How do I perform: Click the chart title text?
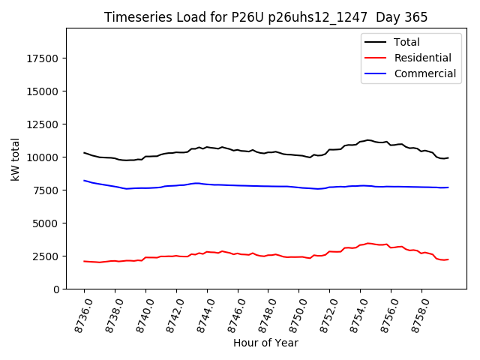click(x=265, y=17)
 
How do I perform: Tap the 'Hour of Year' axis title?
click(x=265, y=343)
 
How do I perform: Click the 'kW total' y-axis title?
click(x=15, y=159)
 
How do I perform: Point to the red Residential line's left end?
click(x=84, y=261)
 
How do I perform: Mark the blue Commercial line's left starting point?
click(x=84, y=181)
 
